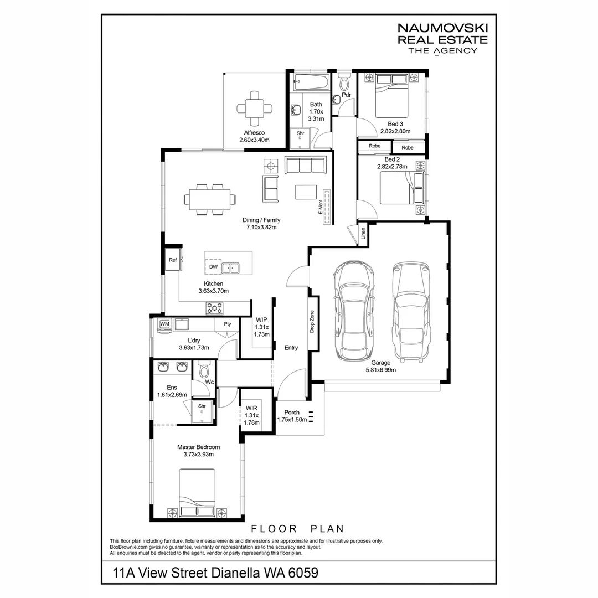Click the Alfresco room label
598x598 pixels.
click(x=254, y=133)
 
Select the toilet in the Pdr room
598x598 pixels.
click(x=344, y=84)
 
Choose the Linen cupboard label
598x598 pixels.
click(x=363, y=233)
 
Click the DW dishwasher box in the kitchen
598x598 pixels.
click(x=213, y=267)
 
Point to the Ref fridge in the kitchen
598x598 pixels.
click(x=173, y=260)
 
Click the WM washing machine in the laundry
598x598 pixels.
click(x=164, y=324)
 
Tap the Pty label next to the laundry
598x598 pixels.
click(x=227, y=324)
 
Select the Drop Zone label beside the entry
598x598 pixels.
click(x=312, y=321)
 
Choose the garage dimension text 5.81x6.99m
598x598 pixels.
click(x=380, y=370)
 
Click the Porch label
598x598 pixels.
click(x=291, y=413)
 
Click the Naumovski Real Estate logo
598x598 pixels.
click(x=442, y=39)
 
